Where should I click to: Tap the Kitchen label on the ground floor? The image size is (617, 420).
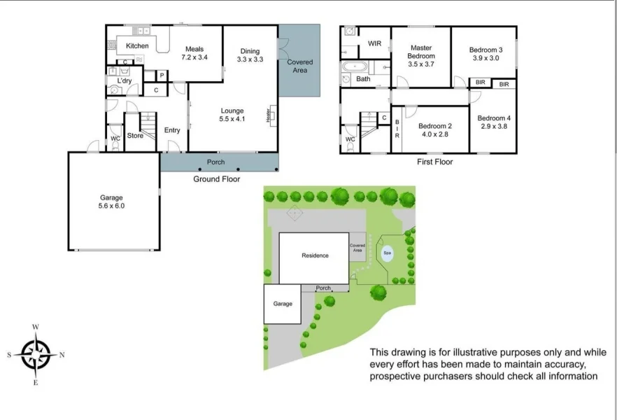click(137, 46)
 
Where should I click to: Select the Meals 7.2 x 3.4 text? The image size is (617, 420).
click(194, 53)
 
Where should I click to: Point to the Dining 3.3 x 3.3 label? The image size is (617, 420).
click(250, 55)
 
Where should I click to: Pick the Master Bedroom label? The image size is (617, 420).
click(421, 56)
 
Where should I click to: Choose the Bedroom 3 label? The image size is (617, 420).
click(485, 54)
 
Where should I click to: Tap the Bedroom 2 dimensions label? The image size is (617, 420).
click(432, 134)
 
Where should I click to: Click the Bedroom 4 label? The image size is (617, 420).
click(494, 122)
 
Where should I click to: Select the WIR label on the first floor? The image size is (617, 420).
click(374, 44)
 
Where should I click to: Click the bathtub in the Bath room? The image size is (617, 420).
click(355, 67)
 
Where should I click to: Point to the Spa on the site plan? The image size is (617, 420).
click(387, 252)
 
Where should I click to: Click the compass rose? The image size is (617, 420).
click(36, 354)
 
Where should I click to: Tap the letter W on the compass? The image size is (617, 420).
click(36, 327)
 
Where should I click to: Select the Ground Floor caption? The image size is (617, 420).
click(216, 179)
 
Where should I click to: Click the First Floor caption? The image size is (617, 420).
click(434, 162)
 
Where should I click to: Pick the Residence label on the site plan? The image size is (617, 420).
click(315, 255)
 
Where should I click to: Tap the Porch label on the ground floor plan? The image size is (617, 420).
click(216, 162)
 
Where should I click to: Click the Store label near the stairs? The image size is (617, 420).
click(135, 136)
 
